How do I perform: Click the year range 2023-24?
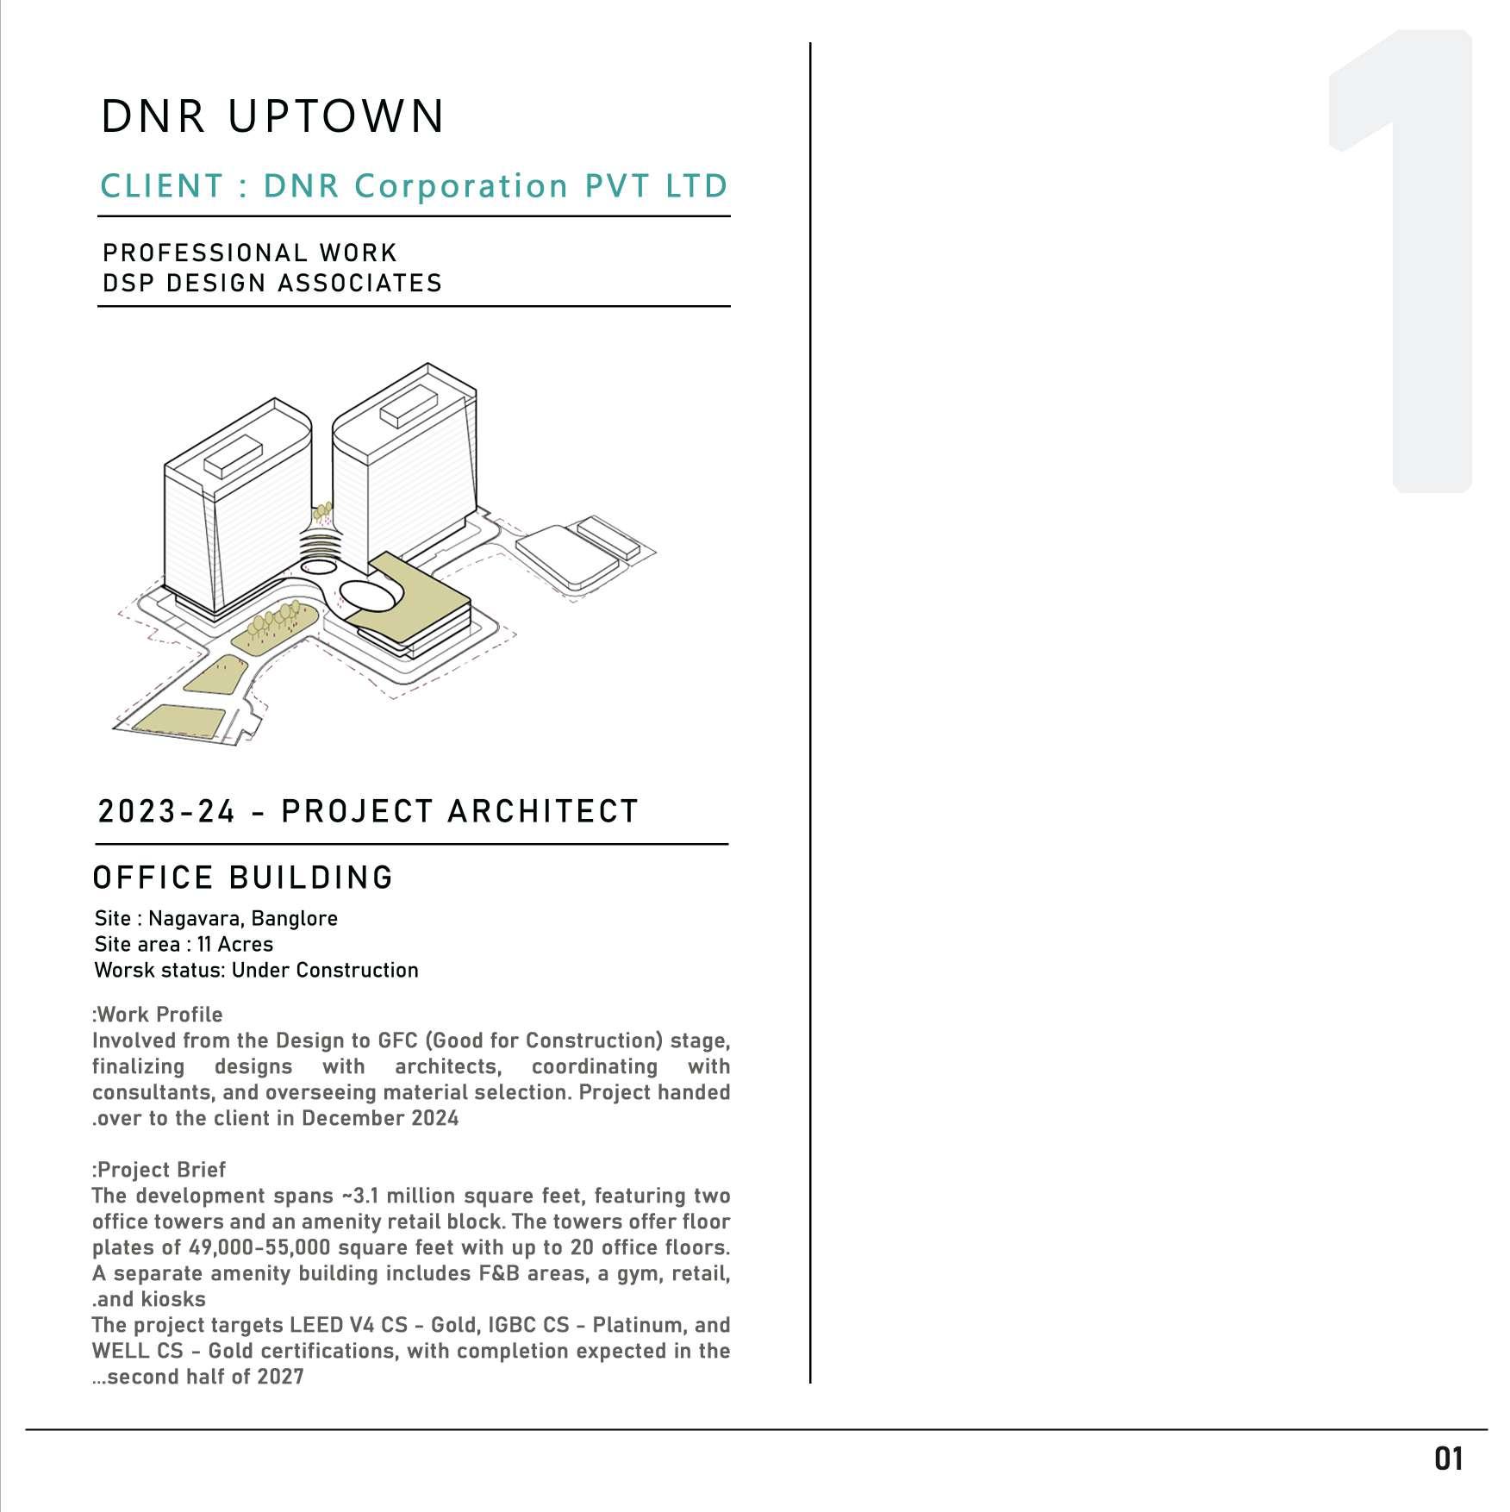pyautogui.click(x=166, y=811)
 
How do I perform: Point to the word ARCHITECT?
pyautogui.click(x=543, y=811)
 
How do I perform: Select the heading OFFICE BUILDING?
pyautogui.click(x=243, y=878)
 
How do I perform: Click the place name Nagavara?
pyautogui.click(x=197, y=919)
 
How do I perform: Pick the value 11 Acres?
pyautogui.click(x=235, y=944)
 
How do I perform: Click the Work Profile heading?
pyautogui.click(x=158, y=1015)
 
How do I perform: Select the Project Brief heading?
pyautogui.click(x=159, y=1170)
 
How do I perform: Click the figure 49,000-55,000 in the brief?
pyautogui.click(x=260, y=1247)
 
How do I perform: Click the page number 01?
pyautogui.click(x=1449, y=1459)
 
